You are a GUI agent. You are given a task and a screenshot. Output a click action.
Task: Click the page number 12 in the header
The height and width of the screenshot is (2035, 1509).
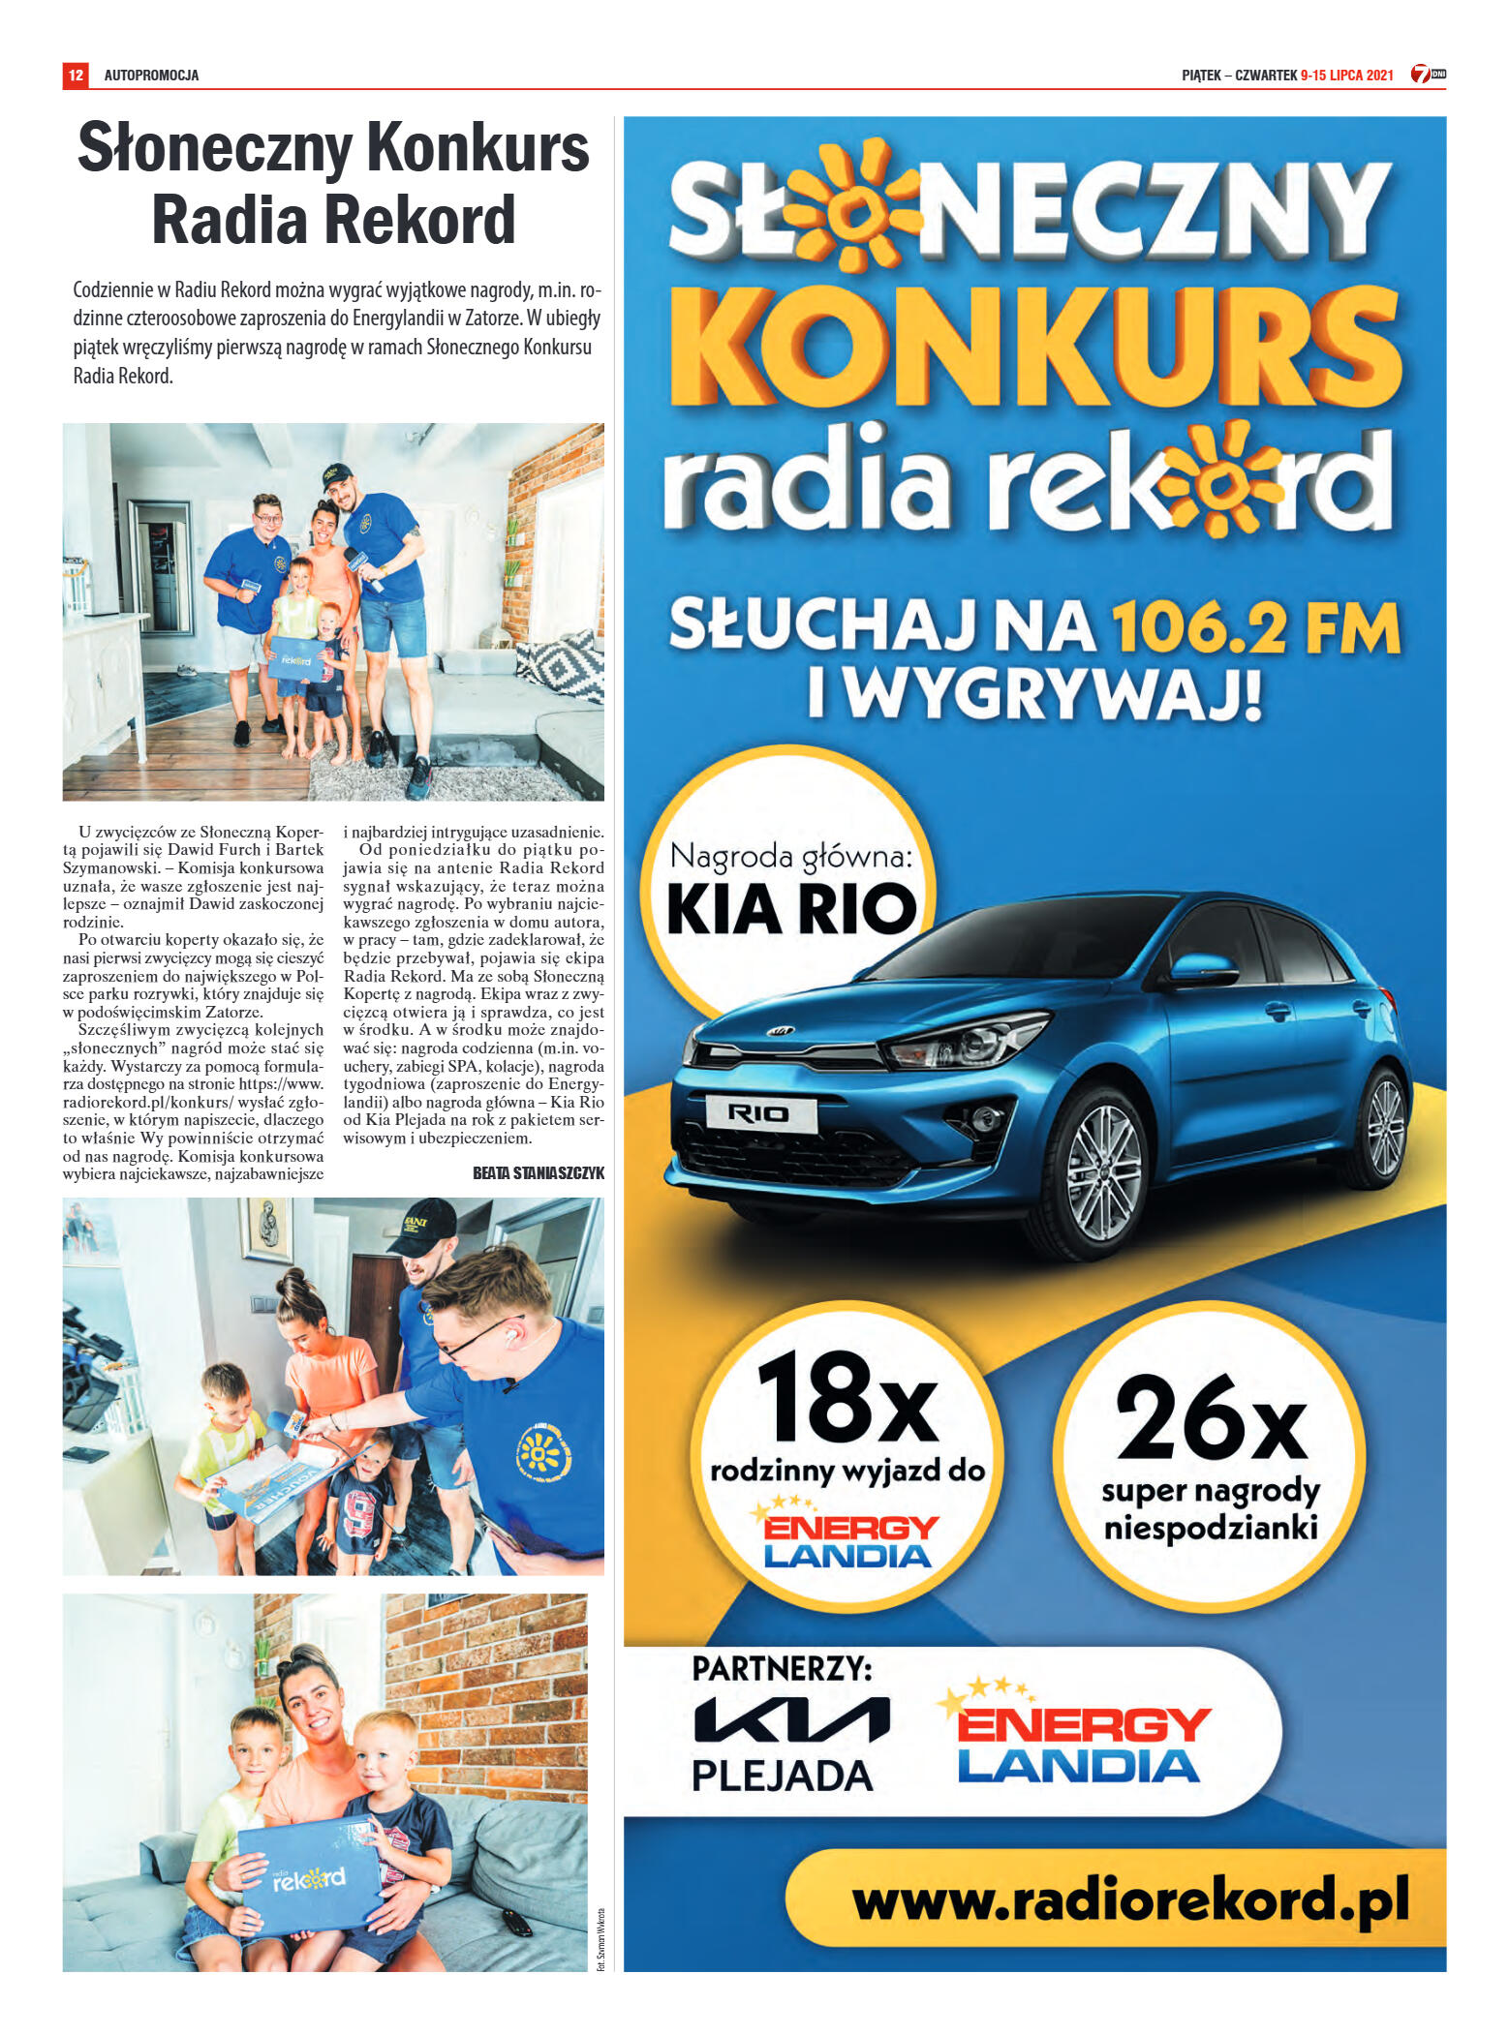point(76,75)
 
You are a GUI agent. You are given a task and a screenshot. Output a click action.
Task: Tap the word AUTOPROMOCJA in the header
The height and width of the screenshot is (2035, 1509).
point(151,75)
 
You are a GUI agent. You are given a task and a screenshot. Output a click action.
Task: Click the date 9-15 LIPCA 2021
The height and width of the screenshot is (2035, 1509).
point(1346,75)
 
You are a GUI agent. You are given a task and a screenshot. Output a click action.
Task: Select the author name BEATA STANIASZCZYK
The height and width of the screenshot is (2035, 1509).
point(538,1172)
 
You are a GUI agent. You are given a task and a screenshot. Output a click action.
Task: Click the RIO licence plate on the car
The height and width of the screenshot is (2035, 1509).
point(760,1113)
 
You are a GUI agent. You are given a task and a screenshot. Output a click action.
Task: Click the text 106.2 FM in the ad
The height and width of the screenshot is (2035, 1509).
point(1255,628)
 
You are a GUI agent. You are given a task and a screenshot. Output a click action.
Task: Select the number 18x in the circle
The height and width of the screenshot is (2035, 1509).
point(847,1398)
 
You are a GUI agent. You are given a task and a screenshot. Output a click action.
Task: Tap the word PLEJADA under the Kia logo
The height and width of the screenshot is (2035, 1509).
point(783,1776)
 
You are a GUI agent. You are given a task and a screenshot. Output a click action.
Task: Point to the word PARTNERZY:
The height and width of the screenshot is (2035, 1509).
point(782,1668)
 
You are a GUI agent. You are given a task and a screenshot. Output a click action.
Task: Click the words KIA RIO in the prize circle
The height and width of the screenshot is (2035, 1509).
point(791,909)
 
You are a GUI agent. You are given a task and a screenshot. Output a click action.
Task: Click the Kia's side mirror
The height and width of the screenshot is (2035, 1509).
point(1202,967)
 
